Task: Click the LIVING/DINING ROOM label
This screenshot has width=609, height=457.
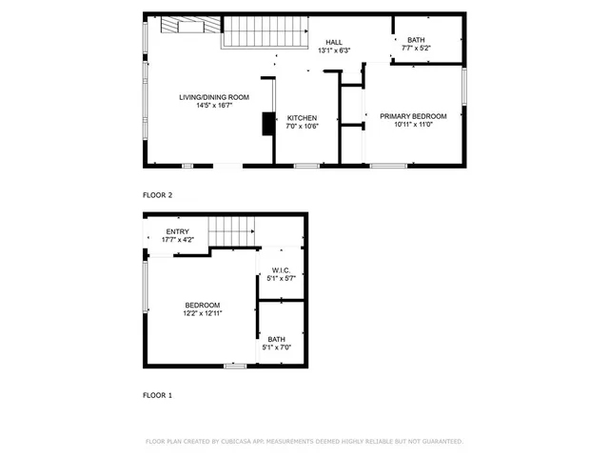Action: click(x=214, y=97)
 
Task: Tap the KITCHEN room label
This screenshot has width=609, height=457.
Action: click(x=302, y=118)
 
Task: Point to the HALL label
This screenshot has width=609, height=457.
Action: click(x=333, y=43)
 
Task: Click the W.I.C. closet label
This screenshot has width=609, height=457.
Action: click(x=280, y=269)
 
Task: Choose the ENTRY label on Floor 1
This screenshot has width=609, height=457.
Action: click(x=177, y=231)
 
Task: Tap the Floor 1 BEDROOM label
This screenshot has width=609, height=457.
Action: click(x=203, y=305)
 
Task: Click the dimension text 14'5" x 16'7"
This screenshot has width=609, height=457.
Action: click(x=214, y=106)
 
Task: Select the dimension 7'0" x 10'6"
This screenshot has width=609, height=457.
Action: click(x=302, y=127)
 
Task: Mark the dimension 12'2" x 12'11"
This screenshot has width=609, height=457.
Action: click(x=203, y=313)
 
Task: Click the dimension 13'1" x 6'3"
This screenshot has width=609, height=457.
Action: click(x=333, y=50)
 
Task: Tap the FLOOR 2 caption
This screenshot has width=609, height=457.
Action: click(x=158, y=195)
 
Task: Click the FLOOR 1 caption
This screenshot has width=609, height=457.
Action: click(x=158, y=394)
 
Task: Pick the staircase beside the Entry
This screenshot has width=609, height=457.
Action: click(x=232, y=230)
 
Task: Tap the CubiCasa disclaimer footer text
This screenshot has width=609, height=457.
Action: click(x=304, y=442)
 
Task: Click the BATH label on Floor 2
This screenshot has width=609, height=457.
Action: click(x=417, y=40)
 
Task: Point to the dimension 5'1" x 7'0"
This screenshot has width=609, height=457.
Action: click(x=276, y=348)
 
